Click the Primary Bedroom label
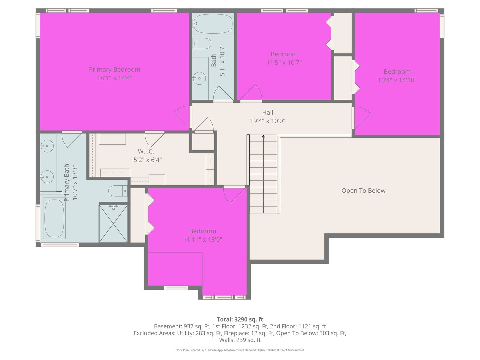[114, 69]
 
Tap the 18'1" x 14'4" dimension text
[114, 78]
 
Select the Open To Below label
[363, 191]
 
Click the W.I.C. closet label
[146, 151]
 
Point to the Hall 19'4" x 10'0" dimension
[268, 121]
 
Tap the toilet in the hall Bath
[202, 43]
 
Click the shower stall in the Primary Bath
[113, 223]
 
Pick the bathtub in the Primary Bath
[54, 218]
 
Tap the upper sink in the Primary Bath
[47, 146]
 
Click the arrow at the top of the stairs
[263, 136]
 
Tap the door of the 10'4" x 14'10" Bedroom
[361, 118]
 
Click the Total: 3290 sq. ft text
[240, 319]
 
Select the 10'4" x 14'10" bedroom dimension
[397, 80]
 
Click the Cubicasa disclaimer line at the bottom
[240, 350]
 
